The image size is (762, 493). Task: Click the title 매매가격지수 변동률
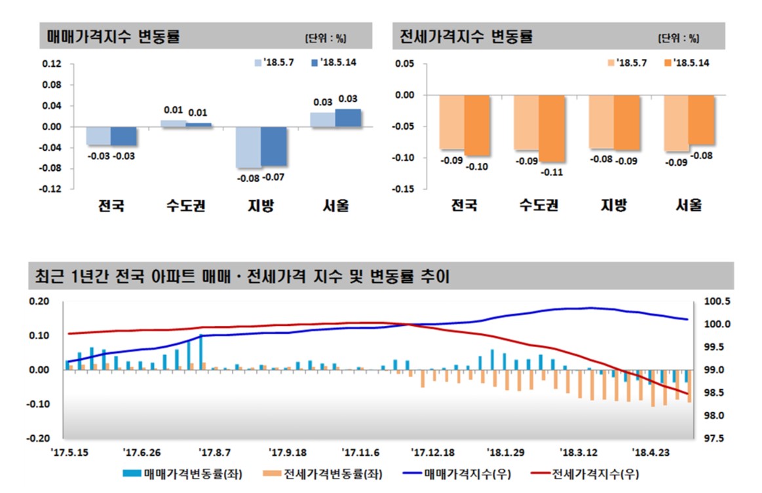(113, 37)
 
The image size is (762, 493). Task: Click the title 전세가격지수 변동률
(467, 37)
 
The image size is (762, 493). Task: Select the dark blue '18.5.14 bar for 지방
(273, 146)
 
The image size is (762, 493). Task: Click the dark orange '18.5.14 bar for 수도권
(551, 128)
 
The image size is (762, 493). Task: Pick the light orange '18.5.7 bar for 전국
(451, 122)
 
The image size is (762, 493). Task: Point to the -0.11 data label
(552, 172)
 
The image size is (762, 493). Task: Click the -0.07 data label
(273, 177)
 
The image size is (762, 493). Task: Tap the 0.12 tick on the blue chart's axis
(52, 64)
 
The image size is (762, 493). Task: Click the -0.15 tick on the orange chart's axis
(404, 189)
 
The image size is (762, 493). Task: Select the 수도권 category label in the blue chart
(186, 206)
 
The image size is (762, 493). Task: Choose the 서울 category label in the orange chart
(689, 205)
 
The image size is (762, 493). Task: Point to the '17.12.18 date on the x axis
(432, 452)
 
